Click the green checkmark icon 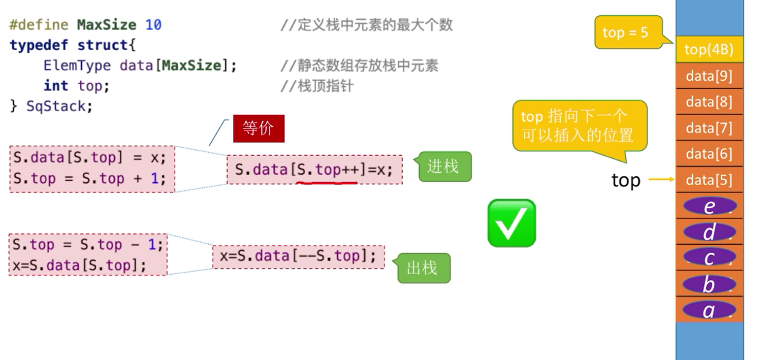pyautogui.click(x=512, y=223)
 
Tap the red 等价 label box pyautogui.click(x=258, y=129)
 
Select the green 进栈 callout pyautogui.click(x=445, y=167)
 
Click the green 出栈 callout pyautogui.click(x=423, y=268)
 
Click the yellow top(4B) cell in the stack pyautogui.click(x=709, y=49)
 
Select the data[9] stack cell pyautogui.click(x=709, y=76)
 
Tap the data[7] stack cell pyautogui.click(x=709, y=128)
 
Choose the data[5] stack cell pyautogui.click(x=709, y=180)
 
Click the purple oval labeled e pyautogui.click(x=709, y=206)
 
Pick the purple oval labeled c pyautogui.click(x=709, y=258)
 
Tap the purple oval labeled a pyautogui.click(x=709, y=310)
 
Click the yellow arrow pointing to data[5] pyautogui.click(x=661, y=180)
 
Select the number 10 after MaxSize pyautogui.click(x=153, y=25)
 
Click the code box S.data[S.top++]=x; pyautogui.click(x=314, y=170)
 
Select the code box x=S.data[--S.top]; pyautogui.click(x=298, y=257)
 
